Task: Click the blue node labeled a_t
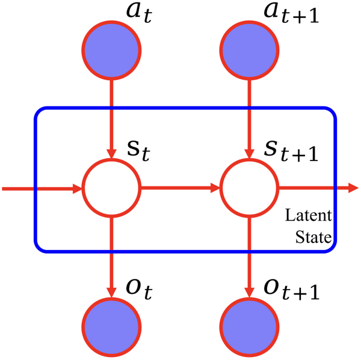click(111, 50)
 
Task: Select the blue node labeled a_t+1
click(249, 50)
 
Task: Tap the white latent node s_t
click(111, 188)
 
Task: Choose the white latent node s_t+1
click(249, 188)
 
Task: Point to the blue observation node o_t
click(111, 327)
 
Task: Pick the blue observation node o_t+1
click(249, 327)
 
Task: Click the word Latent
click(308, 215)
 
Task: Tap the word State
click(313, 237)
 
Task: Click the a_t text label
click(139, 13)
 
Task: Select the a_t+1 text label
click(291, 13)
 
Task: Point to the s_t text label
click(138, 151)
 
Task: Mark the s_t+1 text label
click(291, 151)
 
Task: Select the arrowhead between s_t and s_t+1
click(215, 188)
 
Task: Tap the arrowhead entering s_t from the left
click(78, 189)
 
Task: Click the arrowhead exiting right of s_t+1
click(353, 188)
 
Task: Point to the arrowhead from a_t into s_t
click(111, 154)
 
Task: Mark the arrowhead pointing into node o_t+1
click(249, 293)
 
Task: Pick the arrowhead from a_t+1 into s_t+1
click(249, 154)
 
